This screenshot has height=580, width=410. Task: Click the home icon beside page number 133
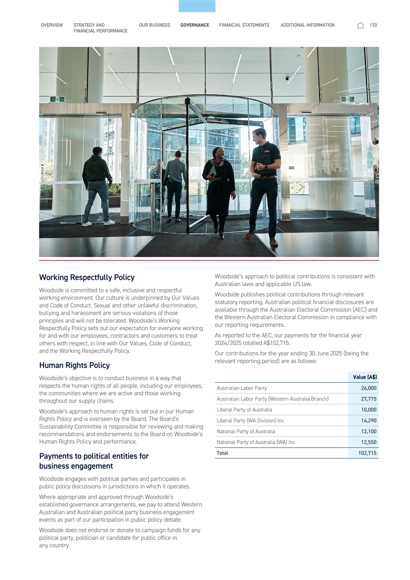coord(360,25)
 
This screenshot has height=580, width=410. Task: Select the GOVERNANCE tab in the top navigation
coord(195,25)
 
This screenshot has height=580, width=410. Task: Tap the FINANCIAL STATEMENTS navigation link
coord(244,25)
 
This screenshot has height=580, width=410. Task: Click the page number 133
coord(373,25)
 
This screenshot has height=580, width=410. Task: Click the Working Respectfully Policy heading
coord(87,277)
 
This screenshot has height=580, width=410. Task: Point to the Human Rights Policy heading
coord(74,365)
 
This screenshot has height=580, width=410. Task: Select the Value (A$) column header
coord(365,377)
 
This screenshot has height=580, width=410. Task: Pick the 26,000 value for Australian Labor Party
coord(369,388)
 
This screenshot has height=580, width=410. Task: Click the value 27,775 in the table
coord(369,399)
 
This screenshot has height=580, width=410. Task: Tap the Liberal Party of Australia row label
coord(245,410)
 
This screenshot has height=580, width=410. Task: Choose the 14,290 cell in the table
coord(369,421)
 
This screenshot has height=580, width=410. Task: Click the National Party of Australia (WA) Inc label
coord(256,442)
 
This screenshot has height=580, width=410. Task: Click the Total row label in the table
coord(222,453)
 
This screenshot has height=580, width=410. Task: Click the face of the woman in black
coord(216,153)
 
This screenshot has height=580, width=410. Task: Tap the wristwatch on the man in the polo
coord(265,167)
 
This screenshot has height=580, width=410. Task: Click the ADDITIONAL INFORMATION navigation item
coord(307,25)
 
